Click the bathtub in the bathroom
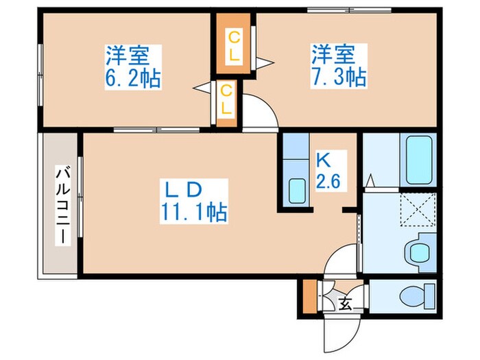[x=418, y=160]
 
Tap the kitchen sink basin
[x=296, y=190]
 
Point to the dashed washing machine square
[x=418, y=208]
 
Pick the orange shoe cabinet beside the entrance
[x=310, y=298]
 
